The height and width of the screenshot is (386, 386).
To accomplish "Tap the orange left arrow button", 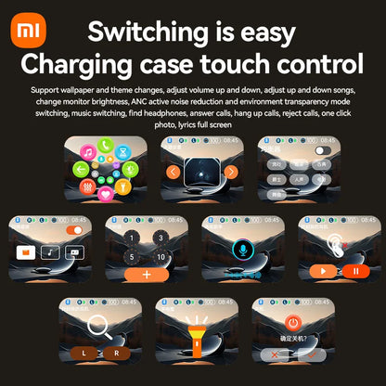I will click(x=173, y=172).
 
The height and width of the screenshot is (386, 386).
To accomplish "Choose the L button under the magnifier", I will click(x=84, y=353).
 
